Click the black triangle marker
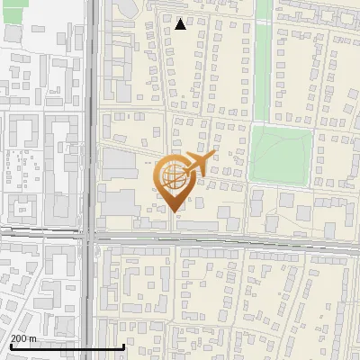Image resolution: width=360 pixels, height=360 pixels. [181, 24]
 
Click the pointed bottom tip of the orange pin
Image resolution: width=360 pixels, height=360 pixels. [175, 211]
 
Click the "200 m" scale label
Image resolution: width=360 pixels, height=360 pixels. [23, 338]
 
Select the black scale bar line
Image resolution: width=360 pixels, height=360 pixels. [67, 347]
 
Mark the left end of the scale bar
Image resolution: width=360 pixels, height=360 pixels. [11, 347]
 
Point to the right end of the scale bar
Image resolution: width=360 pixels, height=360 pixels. [123, 347]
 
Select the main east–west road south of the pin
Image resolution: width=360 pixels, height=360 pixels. [225, 240]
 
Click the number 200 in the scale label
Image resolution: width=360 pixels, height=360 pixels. [18, 338]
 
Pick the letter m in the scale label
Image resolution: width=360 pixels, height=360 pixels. [32, 338]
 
